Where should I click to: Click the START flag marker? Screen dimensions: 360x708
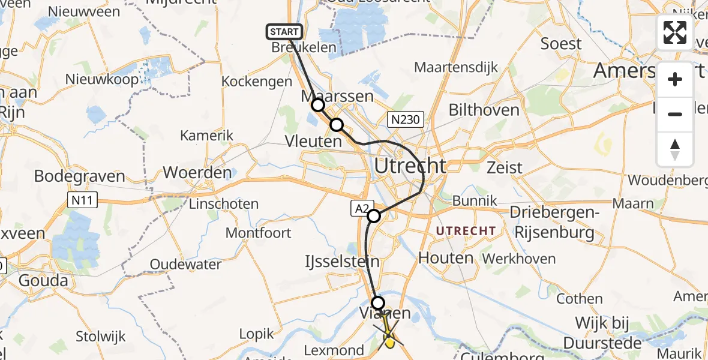tap(284, 32)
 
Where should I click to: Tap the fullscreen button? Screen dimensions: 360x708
tap(675, 32)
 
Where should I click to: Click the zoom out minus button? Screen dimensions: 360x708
tap(675, 114)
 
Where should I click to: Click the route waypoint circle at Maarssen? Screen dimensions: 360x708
tap(317, 106)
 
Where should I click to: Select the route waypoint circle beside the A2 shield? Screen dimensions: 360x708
tap(374, 216)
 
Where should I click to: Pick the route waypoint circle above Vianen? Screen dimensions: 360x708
tap(378, 302)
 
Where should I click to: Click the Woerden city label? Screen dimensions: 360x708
tap(197, 173)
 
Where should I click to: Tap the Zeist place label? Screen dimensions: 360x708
tap(505, 167)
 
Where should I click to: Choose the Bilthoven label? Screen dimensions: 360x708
tap(484, 110)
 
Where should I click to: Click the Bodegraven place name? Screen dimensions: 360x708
tap(79, 176)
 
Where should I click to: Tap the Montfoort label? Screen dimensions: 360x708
tap(258, 233)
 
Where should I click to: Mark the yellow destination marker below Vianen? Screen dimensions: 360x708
tap(390, 341)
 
